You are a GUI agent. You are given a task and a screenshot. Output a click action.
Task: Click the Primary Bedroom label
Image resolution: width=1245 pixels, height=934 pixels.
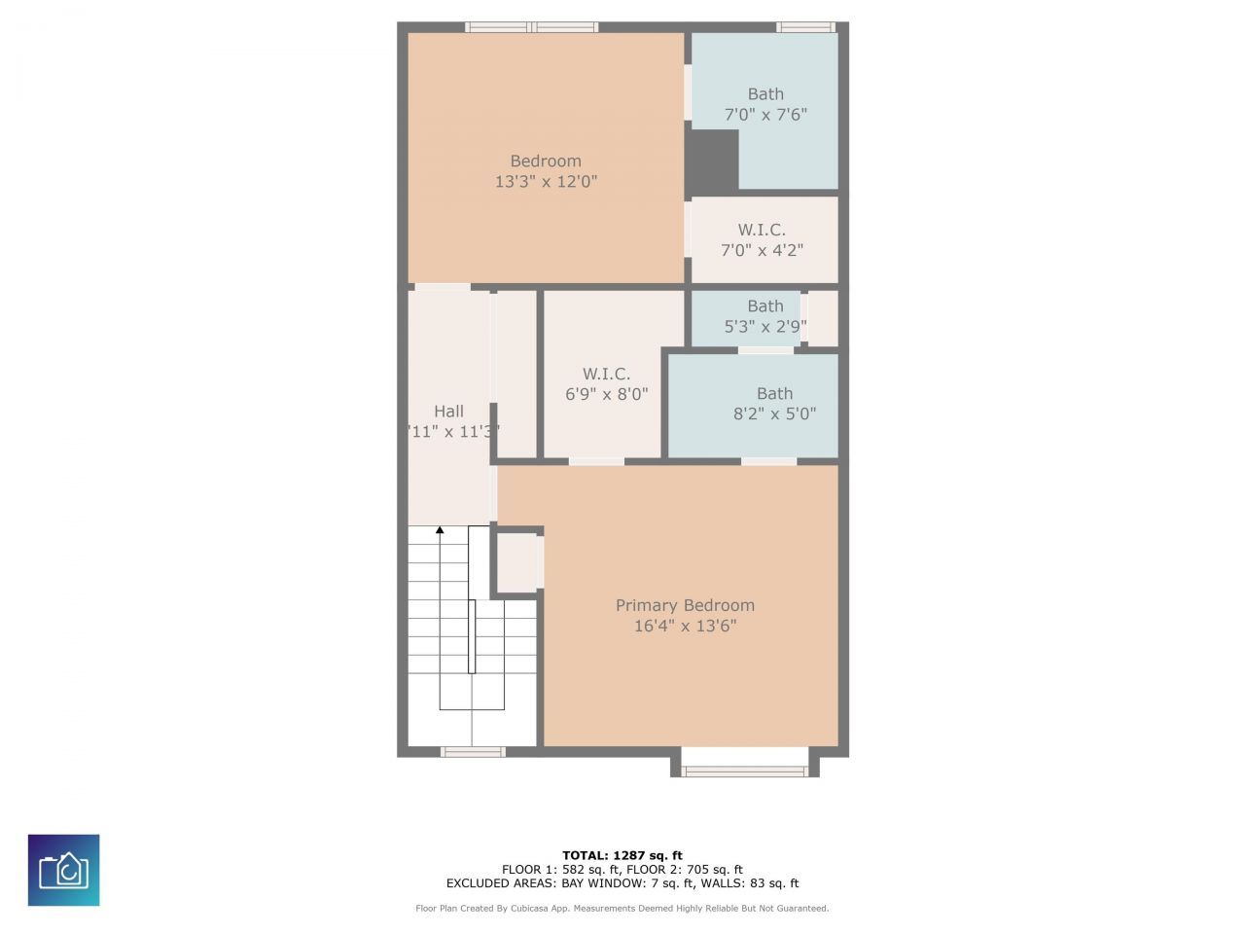click(685, 605)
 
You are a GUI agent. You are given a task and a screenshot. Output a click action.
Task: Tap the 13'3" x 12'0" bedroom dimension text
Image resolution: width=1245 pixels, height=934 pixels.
click(546, 182)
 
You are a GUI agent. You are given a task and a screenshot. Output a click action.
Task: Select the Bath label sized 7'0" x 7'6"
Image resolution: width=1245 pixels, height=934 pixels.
click(765, 94)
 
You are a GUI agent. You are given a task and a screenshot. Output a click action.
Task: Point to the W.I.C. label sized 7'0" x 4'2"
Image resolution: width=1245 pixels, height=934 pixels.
click(762, 231)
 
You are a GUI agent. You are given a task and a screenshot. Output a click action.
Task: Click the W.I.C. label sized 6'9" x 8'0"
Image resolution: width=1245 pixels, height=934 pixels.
click(606, 374)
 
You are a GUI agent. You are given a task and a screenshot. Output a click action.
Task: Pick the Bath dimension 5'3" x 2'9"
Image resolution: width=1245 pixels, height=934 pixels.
click(765, 327)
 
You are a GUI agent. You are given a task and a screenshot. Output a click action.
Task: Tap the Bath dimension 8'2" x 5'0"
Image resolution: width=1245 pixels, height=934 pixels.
click(774, 413)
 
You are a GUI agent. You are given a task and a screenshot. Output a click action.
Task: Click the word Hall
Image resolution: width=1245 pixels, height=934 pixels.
click(448, 412)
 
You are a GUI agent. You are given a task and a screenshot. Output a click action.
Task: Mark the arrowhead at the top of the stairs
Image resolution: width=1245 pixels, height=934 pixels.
click(440, 530)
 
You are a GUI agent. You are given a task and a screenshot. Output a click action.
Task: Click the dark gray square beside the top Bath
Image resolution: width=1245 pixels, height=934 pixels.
click(712, 161)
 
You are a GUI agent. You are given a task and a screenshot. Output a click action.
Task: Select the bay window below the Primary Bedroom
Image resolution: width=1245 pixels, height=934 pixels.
click(744, 771)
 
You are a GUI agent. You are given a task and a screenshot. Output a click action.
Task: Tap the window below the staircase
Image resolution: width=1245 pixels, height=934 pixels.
click(473, 751)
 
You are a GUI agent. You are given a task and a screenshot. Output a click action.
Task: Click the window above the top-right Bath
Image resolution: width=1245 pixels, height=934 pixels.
click(805, 27)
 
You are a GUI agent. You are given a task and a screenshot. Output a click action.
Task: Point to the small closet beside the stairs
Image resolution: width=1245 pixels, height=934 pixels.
click(517, 561)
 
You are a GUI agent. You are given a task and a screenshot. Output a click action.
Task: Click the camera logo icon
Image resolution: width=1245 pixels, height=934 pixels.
click(63, 870)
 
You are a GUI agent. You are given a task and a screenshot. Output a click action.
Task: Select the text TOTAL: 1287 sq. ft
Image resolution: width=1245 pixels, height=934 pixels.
click(622, 856)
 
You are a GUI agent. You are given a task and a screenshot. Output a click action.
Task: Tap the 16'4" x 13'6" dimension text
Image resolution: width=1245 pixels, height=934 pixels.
click(685, 626)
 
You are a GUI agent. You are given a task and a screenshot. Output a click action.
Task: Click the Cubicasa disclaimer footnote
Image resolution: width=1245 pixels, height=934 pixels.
click(622, 909)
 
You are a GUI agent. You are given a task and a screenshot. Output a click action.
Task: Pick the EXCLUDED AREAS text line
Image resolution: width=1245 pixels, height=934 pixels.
click(622, 883)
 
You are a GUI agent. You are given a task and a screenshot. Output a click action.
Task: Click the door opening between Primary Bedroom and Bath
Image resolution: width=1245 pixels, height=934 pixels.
click(768, 461)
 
